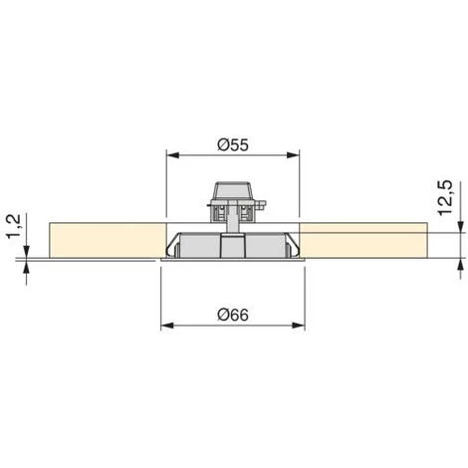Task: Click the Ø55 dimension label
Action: coord(233,145)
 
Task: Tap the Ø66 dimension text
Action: coord(233,315)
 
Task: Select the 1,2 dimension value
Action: coord(14,227)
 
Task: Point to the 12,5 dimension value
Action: coord(445,198)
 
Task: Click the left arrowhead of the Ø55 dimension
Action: coord(172,155)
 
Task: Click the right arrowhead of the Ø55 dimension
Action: coord(293,155)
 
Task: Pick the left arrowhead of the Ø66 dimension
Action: coord(167,326)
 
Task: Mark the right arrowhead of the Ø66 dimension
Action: coord(298,326)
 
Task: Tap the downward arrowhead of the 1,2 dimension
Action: coord(27,251)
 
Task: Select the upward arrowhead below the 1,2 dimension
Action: coord(27,267)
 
